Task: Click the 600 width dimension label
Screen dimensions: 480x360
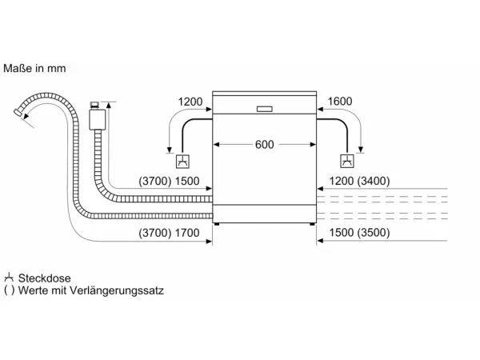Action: pyautogui.click(x=265, y=145)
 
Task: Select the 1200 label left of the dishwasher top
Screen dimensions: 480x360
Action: pyautogui.click(x=190, y=102)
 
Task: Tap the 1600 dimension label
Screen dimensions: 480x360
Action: pyautogui.click(x=340, y=102)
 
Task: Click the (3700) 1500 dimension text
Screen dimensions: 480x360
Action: pyautogui.click(x=169, y=181)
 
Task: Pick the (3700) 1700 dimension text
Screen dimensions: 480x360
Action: pyautogui.click(x=169, y=233)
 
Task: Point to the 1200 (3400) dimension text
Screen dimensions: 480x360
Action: pyautogui.click(x=359, y=181)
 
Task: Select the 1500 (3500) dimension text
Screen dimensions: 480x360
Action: pyautogui.click(x=359, y=233)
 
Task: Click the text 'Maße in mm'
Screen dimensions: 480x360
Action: pyautogui.click(x=34, y=68)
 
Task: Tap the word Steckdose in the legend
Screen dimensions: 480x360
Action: pyautogui.click(x=44, y=278)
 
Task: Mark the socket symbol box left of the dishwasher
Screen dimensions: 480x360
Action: pyautogui.click(x=182, y=162)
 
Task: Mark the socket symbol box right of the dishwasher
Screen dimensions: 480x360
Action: pyautogui.click(x=347, y=161)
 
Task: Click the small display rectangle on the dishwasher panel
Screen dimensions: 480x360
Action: pyautogui.click(x=265, y=109)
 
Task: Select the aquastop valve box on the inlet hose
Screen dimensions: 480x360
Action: pyautogui.click(x=98, y=119)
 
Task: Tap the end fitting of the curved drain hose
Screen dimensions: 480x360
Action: pyautogui.click(x=18, y=112)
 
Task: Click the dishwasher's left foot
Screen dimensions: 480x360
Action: pyautogui.click(x=217, y=224)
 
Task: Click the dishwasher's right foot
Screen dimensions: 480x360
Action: pyautogui.click(x=312, y=224)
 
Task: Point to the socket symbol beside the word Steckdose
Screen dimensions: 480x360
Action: pyautogui.click(x=9, y=278)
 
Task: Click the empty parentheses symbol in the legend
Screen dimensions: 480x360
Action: pyautogui.click(x=9, y=290)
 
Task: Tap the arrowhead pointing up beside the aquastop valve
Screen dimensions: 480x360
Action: pyautogui.click(x=109, y=106)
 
